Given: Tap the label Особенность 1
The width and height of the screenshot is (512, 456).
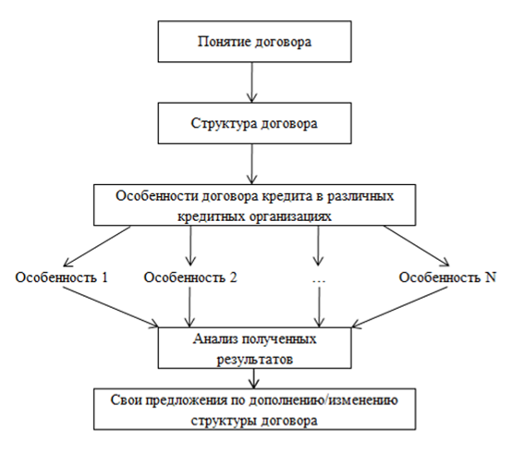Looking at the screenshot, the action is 61,277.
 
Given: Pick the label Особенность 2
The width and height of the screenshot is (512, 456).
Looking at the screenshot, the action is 190,277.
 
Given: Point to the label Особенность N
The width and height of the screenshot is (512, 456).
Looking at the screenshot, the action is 447,277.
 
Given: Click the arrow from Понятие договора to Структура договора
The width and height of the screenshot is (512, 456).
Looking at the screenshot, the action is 251,82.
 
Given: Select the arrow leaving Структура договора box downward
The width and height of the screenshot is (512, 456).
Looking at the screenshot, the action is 251,164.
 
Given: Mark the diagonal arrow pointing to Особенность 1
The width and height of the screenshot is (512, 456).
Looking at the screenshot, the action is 97,246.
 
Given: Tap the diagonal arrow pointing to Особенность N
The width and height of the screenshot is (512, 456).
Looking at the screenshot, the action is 416,246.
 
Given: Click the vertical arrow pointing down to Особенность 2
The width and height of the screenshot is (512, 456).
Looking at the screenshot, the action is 190,245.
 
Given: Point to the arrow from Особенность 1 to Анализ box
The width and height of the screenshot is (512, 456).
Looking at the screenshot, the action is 111,307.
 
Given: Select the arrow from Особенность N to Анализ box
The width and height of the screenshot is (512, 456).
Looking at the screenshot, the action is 399,307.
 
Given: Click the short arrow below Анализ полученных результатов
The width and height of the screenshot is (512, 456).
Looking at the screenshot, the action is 254,378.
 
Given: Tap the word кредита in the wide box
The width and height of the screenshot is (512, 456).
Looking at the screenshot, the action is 282,196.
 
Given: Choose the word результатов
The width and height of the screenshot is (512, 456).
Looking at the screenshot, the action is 255,360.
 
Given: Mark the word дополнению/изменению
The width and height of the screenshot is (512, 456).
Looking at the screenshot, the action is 323,401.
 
